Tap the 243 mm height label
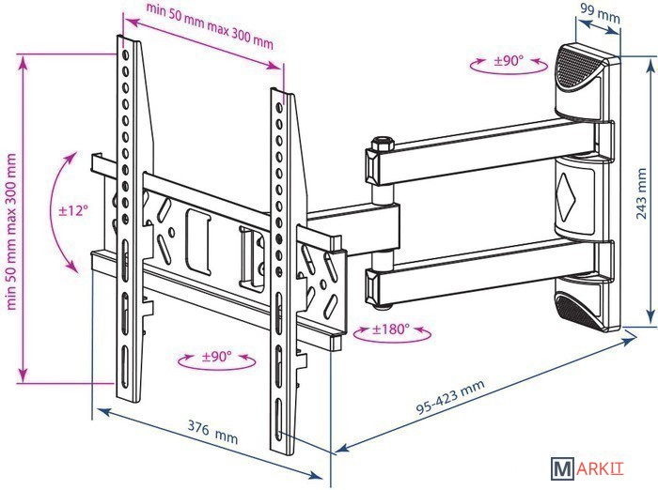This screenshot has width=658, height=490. pos(641,193)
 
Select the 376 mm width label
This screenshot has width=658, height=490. pos(212,432)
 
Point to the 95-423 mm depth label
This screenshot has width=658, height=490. pos(450,396)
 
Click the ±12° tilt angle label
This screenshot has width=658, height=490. pos(73,209)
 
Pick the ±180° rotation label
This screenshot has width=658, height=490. pos(391,329)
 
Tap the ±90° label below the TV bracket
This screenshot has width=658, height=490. pos(216,357)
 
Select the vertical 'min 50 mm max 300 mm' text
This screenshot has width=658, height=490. pos(11,232)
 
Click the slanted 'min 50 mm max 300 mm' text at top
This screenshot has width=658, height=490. pos(210,25)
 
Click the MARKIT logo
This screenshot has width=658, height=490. pos(587,468)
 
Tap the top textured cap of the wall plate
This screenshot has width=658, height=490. pos(577,69)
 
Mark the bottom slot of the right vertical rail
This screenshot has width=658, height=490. pos(278,421)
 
